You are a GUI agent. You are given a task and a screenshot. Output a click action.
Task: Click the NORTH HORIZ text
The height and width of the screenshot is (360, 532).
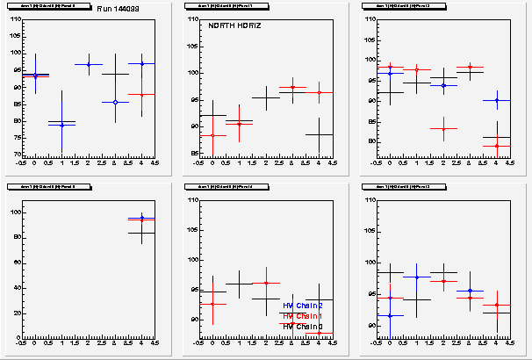point(235,26)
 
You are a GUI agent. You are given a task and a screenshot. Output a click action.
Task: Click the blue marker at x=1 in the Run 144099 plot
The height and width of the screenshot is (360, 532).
point(61,125)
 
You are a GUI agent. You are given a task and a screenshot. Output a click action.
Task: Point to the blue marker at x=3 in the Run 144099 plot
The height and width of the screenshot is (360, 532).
point(115,102)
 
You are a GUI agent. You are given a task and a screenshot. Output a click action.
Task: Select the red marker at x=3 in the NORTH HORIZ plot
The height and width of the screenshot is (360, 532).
point(292,87)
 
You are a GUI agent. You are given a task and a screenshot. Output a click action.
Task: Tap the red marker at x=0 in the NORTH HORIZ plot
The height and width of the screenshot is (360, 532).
point(212,135)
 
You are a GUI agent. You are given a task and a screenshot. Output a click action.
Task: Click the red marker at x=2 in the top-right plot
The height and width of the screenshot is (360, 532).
point(443,129)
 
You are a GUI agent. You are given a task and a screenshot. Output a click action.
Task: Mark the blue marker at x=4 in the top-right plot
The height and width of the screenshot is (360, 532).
point(497,100)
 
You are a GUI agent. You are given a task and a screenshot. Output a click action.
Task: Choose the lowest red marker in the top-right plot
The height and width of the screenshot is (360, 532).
point(497,146)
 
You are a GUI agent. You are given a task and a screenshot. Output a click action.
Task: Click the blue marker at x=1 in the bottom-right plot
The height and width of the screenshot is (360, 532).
point(416,277)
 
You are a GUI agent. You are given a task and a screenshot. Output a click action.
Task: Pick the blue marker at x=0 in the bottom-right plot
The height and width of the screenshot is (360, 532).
point(390,315)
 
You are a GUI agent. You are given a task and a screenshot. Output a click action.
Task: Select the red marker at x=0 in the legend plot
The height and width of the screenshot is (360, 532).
point(212,304)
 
